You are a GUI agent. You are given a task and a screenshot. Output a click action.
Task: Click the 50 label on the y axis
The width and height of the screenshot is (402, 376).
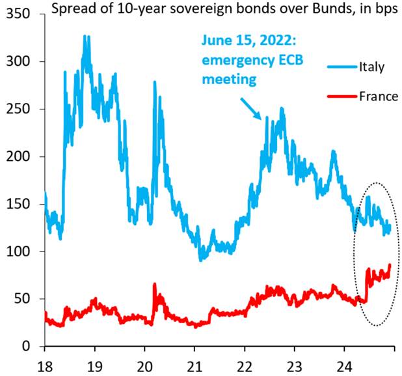tap(25, 299)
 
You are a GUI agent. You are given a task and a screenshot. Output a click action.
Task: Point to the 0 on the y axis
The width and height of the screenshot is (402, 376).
tap(29, 346)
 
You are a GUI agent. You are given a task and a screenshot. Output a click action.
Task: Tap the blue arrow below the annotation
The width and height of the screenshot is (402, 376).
tap(250, 107)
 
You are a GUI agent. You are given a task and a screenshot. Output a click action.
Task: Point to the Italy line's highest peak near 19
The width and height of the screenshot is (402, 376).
tap(85, 37)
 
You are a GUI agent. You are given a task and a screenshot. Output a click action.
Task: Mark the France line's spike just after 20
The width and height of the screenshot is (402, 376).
tap(155, 285)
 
